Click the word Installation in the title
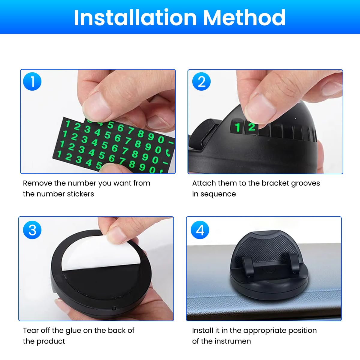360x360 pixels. (x=135, y=18)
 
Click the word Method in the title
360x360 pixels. (x=244, y=18)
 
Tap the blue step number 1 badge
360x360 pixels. (x=32, y=82)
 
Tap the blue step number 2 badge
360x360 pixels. (x=201, y=82)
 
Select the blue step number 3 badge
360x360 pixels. (x=32, y=230)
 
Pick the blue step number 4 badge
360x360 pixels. (x=200, y=230)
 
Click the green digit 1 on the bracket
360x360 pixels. (x=238, y=127)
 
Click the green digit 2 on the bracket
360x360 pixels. (x=252, y=127)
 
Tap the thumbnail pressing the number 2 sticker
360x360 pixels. (x=261, y=109)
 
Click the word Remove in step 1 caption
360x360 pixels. (x=37, y=183)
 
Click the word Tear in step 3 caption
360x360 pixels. (x=31, y=330)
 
